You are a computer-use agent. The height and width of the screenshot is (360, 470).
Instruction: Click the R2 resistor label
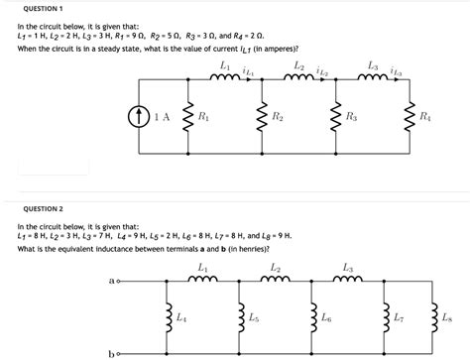[279, 118]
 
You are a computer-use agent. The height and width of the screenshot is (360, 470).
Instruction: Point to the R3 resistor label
[352, 118]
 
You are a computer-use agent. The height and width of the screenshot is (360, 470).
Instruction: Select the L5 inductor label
[254, 317]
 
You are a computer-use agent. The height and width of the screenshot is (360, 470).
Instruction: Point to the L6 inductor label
[326, 317]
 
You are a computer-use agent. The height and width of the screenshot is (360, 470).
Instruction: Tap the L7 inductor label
[399, 317]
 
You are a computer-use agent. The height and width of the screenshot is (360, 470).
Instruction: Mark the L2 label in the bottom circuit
[275, 268]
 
